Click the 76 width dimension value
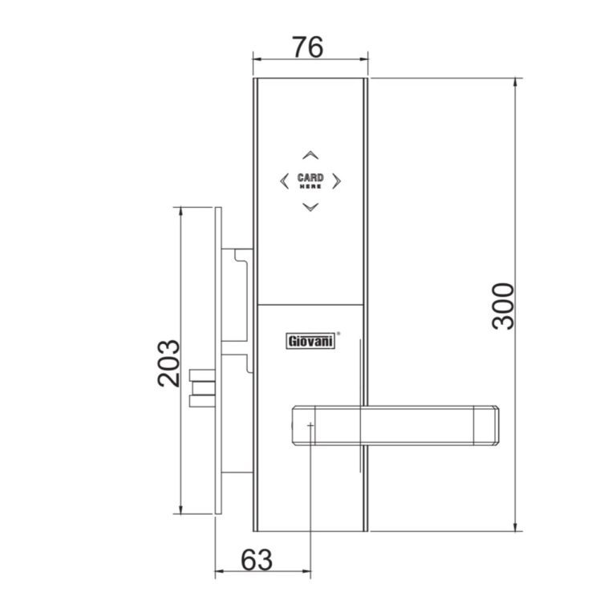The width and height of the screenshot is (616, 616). point(308,47)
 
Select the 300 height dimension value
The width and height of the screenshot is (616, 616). point(503,306)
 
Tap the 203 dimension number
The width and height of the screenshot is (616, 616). point(168,363)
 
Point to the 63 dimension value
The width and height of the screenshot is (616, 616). point(257,560)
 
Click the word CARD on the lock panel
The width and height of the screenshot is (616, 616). point(310,178)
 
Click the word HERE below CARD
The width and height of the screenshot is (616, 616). point(310,187)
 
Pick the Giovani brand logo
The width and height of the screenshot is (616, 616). point(310,341)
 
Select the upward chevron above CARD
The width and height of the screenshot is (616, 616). point(310,155)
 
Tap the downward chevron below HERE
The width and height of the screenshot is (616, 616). point(310,207)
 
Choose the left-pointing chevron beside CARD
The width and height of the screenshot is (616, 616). point(284,181)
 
